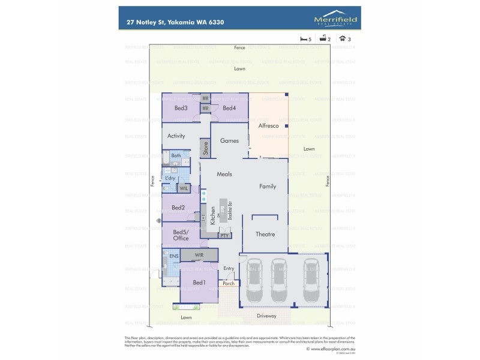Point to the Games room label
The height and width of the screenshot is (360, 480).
(x=229, y=141)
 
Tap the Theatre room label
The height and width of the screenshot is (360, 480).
(x=265, y=234)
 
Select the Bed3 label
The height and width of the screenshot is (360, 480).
(x=181, y=108)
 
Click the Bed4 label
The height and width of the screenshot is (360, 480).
(x=229, y=108)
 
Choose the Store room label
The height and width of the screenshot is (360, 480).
(x=205, y=148)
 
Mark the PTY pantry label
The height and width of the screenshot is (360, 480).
(x=224, y=236)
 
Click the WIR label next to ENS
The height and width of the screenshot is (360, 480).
(x=199, y=255)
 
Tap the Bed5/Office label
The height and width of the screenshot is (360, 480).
(x=181, y=235)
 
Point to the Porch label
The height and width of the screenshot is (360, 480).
(x=228, y=283)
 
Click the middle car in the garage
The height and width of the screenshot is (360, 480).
(x=278, y=280)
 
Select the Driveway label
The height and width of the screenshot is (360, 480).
(x=266, y=316)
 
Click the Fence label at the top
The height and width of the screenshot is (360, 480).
(x=240, y=47)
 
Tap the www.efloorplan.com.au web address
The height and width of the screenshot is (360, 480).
(x=332, y=349)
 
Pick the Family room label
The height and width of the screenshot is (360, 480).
(x=268, y=187)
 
